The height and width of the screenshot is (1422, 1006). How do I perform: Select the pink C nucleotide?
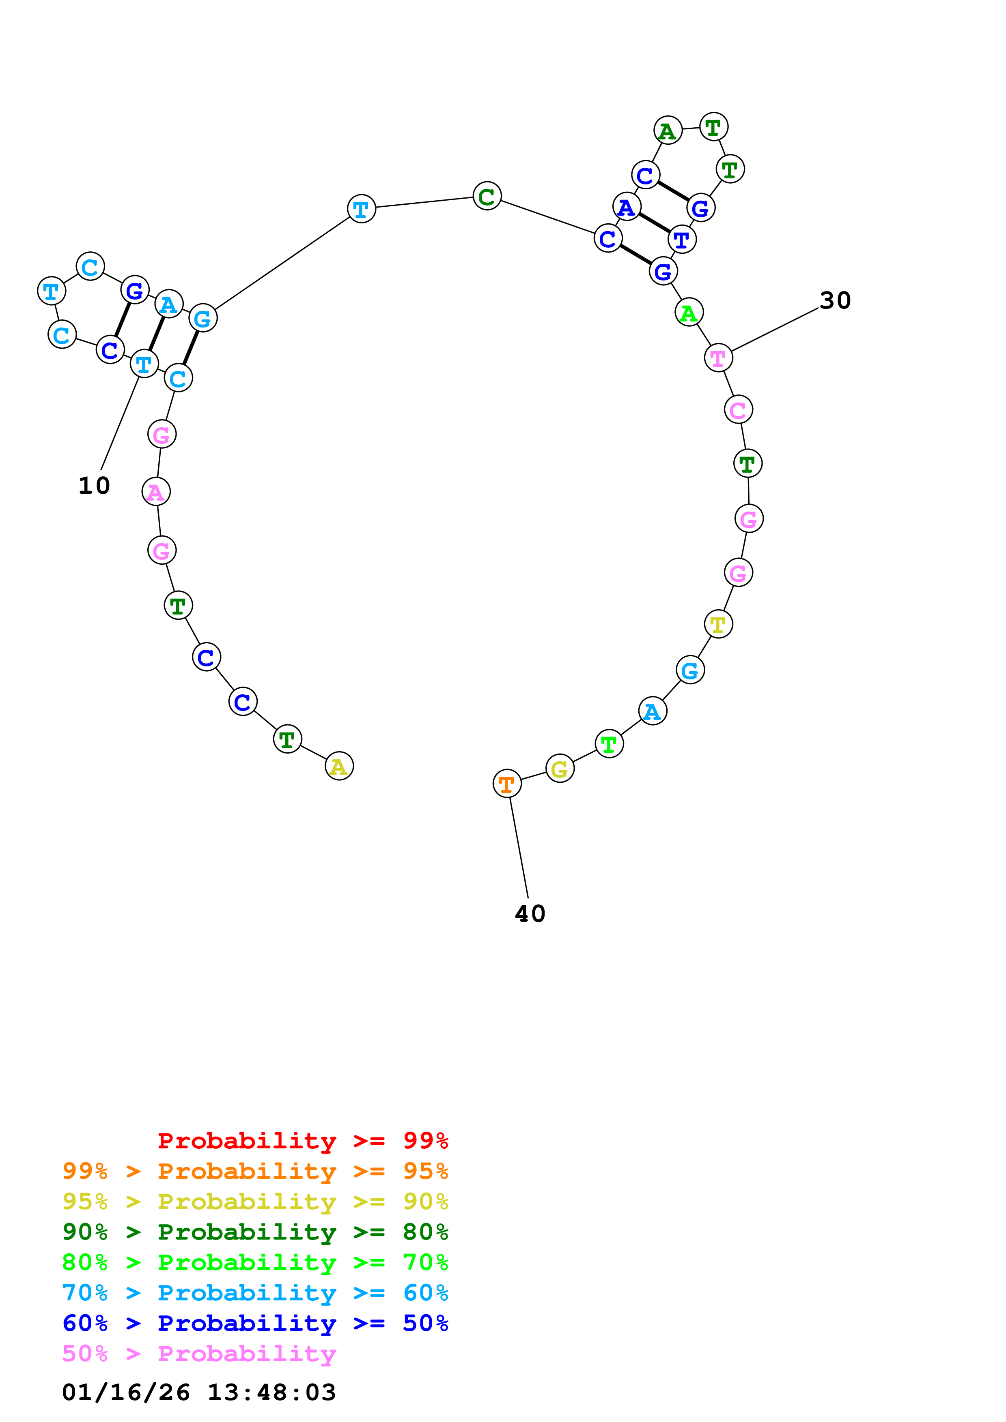[x=738, y=409]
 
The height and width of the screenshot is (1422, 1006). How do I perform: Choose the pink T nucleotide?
[x=718, y=358]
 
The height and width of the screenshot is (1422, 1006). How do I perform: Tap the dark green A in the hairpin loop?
[x=667, y=130]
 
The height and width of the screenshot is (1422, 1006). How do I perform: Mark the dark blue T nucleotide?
[x=682, y=239]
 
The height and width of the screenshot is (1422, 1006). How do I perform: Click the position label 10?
[x=94, y=486]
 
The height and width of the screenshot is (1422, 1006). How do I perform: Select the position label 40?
[x=530, y=914]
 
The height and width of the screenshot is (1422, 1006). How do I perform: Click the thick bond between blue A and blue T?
[x=654, y=223]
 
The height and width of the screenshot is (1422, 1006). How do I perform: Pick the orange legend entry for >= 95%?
[x=255, y=1171]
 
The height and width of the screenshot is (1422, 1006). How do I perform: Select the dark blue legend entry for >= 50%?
[x=255, y=1323]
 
